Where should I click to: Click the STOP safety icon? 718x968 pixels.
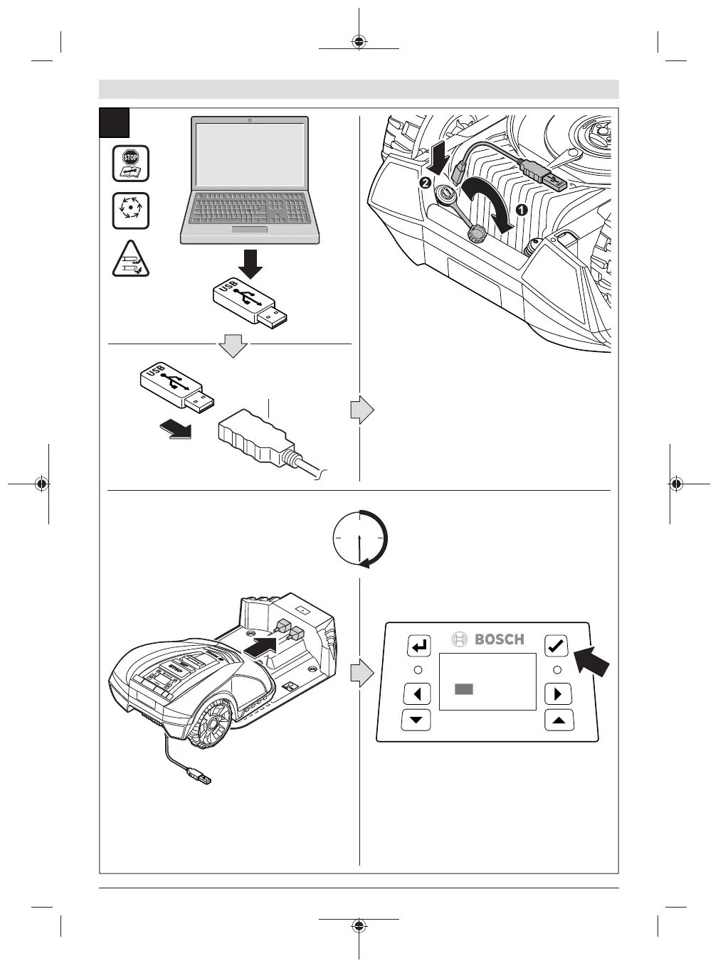pos(131,164)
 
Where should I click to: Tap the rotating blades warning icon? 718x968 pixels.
pos(131,211)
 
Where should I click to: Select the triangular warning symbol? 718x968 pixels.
pos(131,260)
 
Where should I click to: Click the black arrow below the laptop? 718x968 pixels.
pos(250,263)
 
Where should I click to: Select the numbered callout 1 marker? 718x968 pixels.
pos(521,210)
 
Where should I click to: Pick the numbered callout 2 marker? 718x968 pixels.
pos(426,181)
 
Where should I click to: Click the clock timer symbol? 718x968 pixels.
pos(360,538)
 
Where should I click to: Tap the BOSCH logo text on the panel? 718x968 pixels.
pos(499,639)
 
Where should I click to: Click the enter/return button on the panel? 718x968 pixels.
pos(419,647)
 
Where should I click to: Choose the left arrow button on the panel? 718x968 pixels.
pos(417,693)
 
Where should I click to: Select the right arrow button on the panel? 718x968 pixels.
pos(558,693)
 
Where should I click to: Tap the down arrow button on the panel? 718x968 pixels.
pos(416,720)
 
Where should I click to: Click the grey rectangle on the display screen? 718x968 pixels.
pos(464,689)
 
